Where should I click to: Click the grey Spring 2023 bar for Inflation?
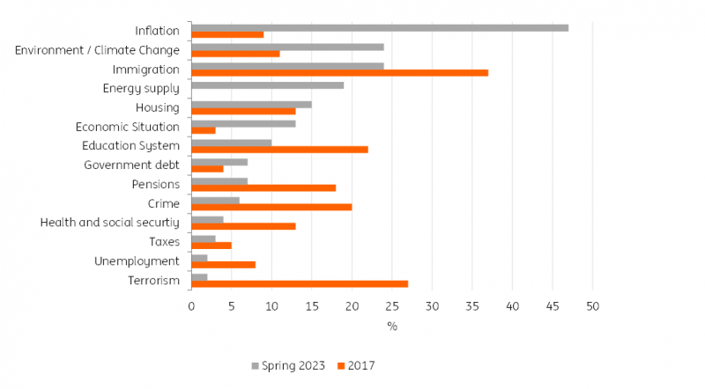379,27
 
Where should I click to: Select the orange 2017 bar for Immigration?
339,73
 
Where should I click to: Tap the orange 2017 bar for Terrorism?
300,283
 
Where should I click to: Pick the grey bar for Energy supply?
267,85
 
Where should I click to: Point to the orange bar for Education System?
279,150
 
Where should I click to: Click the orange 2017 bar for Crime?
271,207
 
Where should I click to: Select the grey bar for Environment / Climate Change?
287,47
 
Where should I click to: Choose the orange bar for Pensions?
263,187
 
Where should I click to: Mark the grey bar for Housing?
251,104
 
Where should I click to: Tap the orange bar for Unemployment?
223,264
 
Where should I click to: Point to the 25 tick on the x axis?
392,305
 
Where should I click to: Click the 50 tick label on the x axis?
593,305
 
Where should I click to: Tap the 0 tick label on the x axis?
191,305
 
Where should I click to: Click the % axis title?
392,327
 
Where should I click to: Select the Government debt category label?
131,165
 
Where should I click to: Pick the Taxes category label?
165,241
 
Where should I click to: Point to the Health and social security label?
110,222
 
